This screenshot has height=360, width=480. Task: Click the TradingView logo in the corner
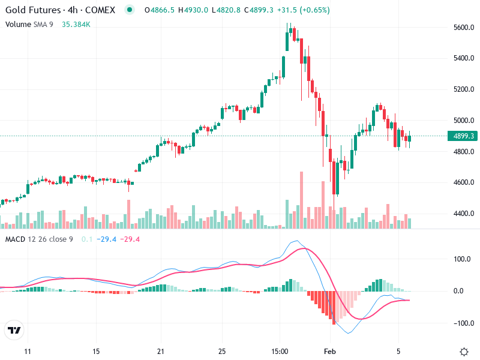[x=14, y=331]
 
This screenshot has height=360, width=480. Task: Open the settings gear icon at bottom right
[x=464, y=351]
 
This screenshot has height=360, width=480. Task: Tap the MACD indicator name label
[x=15, y=240]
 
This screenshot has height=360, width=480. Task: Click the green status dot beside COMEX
[x=129, y=10]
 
